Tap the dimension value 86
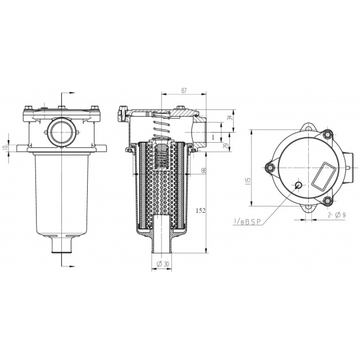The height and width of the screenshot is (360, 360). tap(203, 171)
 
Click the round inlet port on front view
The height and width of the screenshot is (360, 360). tap(62, 132)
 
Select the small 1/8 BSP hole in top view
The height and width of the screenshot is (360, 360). tap(298, 185)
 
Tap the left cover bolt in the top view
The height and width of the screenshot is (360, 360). tap(270, 167)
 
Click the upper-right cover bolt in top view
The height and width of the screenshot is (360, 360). tap(327, 134)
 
